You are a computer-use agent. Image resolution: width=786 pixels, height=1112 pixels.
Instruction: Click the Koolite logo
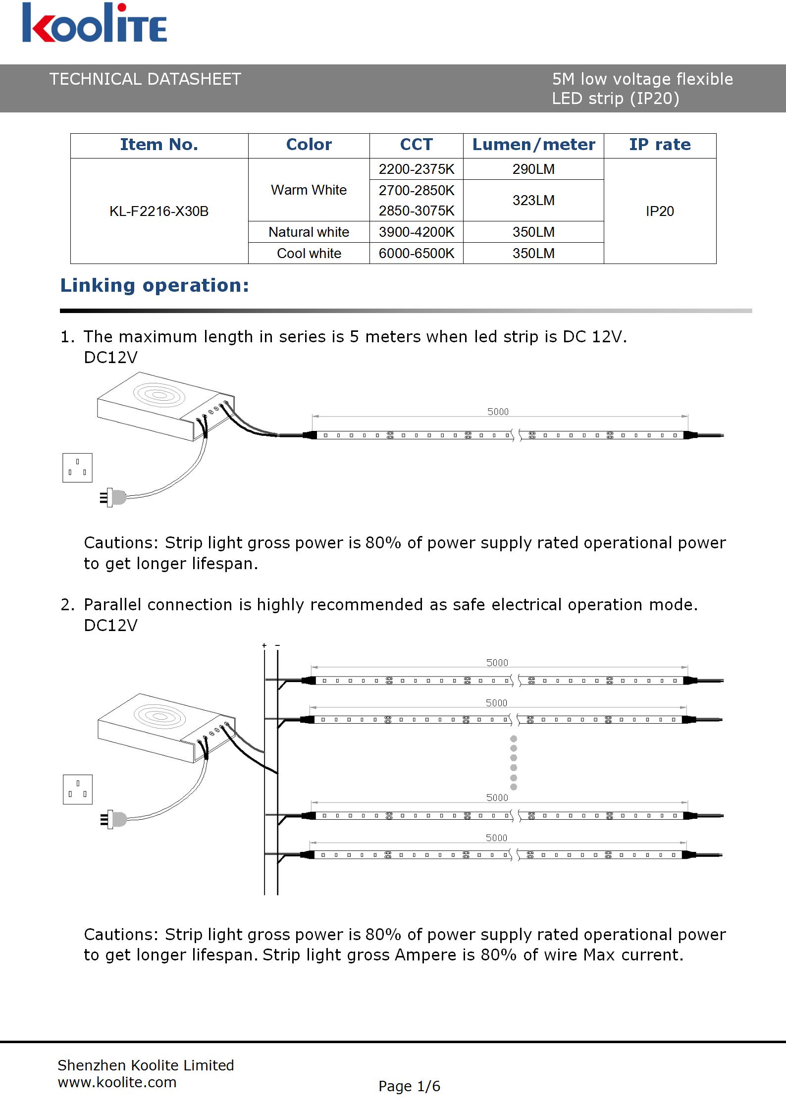point(94,23)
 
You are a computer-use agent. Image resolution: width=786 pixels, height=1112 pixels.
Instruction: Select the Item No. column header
point(159,145)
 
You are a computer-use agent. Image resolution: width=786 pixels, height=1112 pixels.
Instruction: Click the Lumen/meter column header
point(533,145)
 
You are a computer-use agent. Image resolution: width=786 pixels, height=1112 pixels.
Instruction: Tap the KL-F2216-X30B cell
point(159,212)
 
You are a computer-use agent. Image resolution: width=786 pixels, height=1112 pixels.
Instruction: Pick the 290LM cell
point(533,169)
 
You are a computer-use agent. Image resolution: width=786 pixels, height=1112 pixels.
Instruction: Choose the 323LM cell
point(533,201)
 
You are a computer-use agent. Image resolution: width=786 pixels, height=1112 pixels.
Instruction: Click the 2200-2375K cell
point(416,169)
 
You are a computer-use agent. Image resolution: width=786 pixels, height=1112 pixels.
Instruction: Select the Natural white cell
point(309,232)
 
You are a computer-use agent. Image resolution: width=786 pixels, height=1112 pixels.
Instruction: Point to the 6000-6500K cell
point(416,254)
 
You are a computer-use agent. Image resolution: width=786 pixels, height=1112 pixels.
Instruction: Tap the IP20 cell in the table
point(660,212)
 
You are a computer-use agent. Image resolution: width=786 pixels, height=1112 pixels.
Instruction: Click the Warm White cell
point(309,190)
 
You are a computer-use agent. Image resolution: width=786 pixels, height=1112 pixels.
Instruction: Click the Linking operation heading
point(155,286)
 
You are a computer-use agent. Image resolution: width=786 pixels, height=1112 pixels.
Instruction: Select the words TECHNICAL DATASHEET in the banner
point(145,79)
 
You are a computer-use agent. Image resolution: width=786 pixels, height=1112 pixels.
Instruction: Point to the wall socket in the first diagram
point(77,468)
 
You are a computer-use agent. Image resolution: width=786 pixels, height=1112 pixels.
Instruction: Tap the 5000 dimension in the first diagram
point(498,412)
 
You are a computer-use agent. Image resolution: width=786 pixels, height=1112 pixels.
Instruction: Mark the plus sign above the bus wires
point(264,645)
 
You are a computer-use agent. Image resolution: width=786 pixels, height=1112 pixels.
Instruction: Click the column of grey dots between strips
point(514,763)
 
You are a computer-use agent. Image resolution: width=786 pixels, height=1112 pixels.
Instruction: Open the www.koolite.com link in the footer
point(117,1082)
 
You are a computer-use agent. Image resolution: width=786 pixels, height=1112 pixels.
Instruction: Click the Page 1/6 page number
point(409,1086)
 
